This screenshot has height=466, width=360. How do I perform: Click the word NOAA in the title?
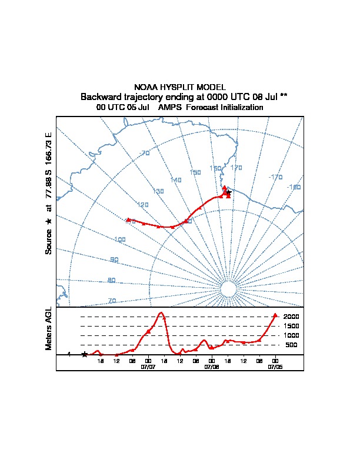pyautogui.click(x=146, y=87)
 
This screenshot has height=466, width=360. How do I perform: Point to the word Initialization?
pyautogui.click(x=238, y=108)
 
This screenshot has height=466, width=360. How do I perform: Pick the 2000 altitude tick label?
pyautogui.click(x=292, y=317)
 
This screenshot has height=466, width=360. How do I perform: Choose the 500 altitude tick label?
pyautogui.click(x=292, y=345)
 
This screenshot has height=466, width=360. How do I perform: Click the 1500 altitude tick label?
pyautogui.click(x=292, y=326)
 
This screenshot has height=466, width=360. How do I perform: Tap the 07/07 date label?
pyautogui.click(x=148, y=367)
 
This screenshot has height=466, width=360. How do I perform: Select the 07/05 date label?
pyautogui.click(x=275, y=367)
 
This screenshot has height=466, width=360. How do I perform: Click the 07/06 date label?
pyautogui.click(x=212, y=367)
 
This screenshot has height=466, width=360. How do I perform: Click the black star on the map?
pyautogui.click(x=229, y=192)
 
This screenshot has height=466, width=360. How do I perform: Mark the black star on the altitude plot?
pyautogui.click(x=85, y=354)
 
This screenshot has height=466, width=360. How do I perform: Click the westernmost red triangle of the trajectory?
pyautogui.click(x=128, y=219)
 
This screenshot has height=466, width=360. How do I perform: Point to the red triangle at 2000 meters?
pyautogui.click(x=275, y=316)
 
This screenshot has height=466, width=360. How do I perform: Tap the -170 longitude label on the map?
pyautogui.click(x=275, y=177)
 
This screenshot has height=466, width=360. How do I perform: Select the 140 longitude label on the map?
pyautogui.click(x=176, y=180)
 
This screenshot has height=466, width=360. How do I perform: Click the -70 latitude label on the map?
pyautogui.click(x=145, y=154)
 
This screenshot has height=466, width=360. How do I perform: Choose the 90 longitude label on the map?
pyautogui.click(x=114, y=259)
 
